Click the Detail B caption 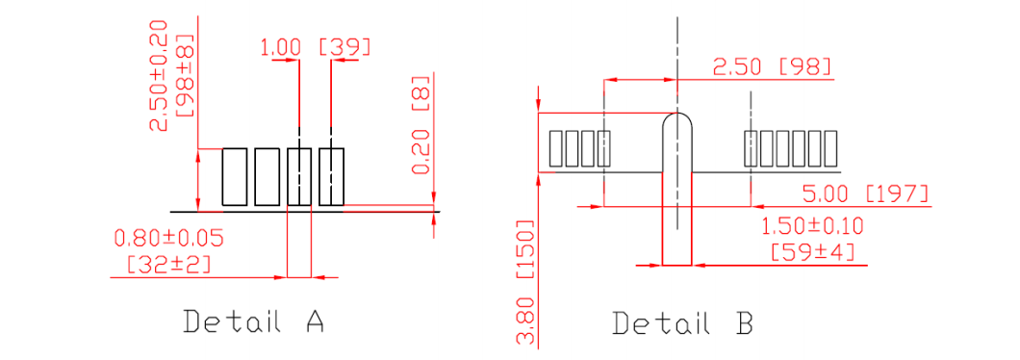(683, 322)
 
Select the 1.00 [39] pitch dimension (316, 47)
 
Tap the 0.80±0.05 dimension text (169, 239)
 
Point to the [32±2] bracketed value (169, 265)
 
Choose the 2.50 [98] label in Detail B (773, 67)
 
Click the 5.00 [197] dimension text (865, 193)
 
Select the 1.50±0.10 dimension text (812, 226)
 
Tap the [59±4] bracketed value (812, 252)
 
